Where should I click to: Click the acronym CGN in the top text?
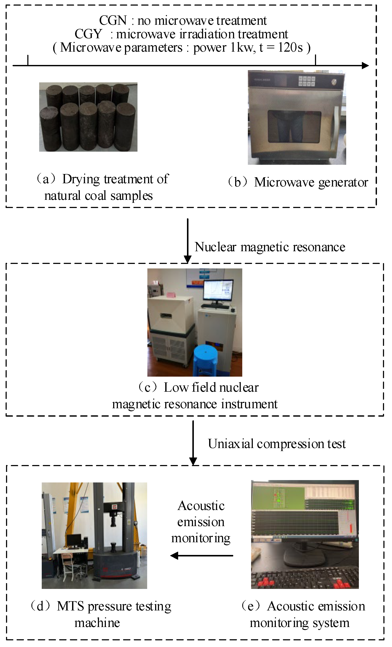pyautogui.click(x=113, y=20)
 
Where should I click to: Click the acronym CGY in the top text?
pyautogui.click(x=88, y=34)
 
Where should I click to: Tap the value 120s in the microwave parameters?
pyautogui.click(x=290, y=48)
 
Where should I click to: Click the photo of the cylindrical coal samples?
pyautogui.click(x=88, y=117)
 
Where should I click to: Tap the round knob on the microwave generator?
pyautogui.click(x=334, y=82)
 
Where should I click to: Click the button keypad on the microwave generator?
pyautogui.click(x=306, y=81)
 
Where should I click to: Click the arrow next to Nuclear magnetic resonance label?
pyautogui.click(x=187, y=240)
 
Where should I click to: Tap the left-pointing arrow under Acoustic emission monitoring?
pyautogui.click(x=202, y=556)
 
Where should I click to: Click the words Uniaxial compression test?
pyautogui.click(x=276, y=444)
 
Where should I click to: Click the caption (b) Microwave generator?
pyautogui.click(x=298, y=182)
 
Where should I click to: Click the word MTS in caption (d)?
pyautogui.click(x=70, y=606)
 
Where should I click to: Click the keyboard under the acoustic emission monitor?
pyautogui.click(x=305, y=578)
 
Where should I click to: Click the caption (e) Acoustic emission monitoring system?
pyautogui.click(x=303, y=615)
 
